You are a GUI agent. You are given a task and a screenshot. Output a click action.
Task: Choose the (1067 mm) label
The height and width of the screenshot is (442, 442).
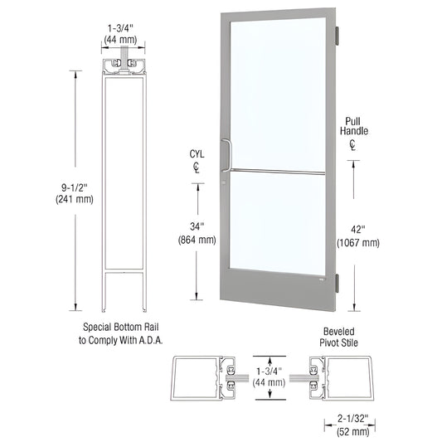click(x=358, y=243)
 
